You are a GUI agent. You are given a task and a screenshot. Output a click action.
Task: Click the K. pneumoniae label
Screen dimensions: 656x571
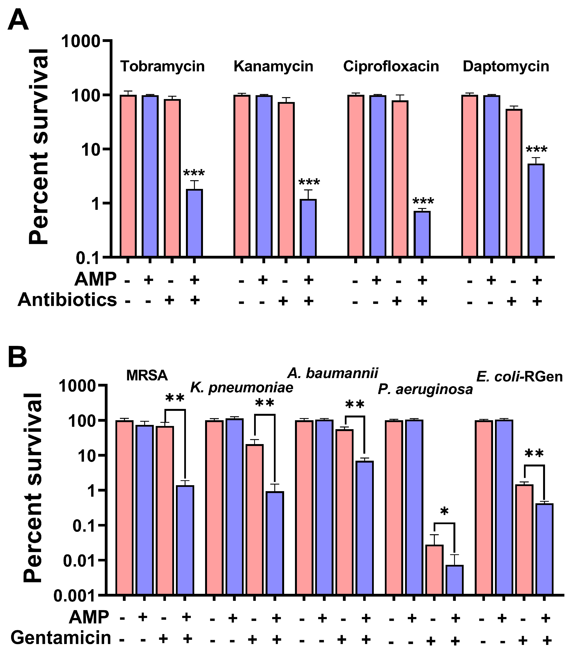point(242,388)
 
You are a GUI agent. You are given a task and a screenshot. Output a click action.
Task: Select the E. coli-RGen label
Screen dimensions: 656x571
point(519,377)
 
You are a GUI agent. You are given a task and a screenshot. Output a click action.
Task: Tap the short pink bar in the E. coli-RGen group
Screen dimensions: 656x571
point(524,539)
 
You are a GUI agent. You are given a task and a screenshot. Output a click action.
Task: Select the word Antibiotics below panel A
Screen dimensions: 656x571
point(67,300)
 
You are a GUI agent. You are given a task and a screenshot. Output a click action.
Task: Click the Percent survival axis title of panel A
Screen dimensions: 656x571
point(38,147)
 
